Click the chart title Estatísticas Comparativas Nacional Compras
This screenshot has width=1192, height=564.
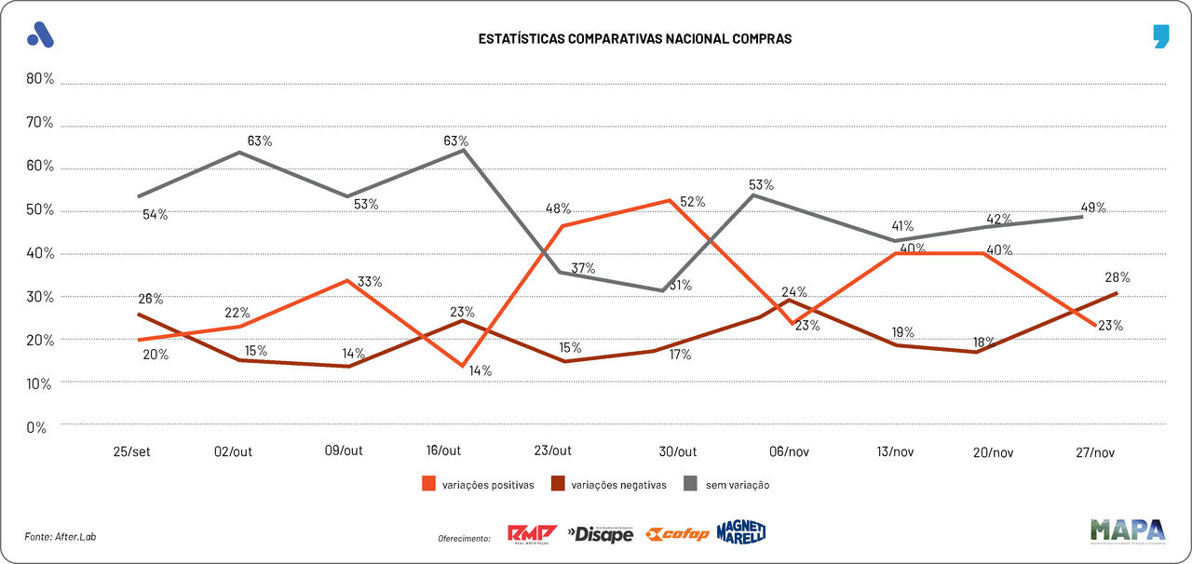(x=634, y=39)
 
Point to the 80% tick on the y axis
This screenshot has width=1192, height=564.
(x=40, y=79)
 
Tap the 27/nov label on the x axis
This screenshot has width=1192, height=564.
(x=1094, y=451)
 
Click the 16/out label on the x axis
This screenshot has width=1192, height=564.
(x=443, y=451)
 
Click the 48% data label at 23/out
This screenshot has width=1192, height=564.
(x=559, y=208)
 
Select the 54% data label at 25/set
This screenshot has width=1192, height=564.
(x=156, y=215)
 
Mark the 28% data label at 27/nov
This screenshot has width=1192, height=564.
(x=1117, y=277)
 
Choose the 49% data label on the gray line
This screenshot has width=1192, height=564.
(x=1093, y=208)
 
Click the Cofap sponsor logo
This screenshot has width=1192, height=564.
(x=677, y=534)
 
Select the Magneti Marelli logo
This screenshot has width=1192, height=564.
(x=741, y=532)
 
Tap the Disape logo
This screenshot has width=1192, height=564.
(x=601, y=534)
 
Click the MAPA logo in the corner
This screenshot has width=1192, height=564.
(x=1127, y=530)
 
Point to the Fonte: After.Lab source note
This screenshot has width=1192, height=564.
(x=61, y=537)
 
